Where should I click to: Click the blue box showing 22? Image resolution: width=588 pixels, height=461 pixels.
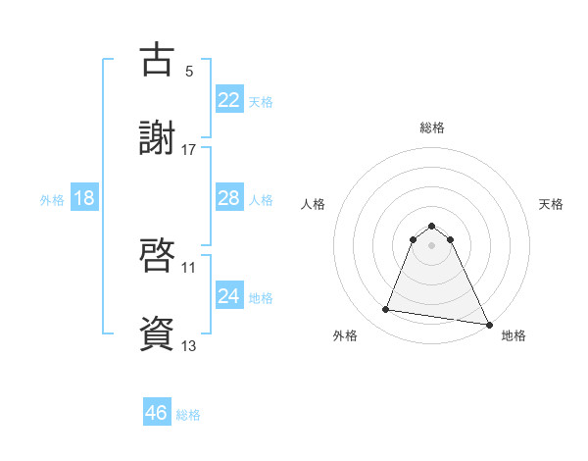click(x=228, y=100)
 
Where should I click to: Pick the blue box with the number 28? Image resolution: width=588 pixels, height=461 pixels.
click(x=228, y=198)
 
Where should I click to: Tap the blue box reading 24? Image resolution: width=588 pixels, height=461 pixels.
click(x=228, y=296)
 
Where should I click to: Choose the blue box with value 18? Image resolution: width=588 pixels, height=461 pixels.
click(x=84, y=198)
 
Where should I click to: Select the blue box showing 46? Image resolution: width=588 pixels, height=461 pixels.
click(x=156, y=413)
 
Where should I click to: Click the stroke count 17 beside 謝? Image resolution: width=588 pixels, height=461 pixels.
click(x=189, y=150)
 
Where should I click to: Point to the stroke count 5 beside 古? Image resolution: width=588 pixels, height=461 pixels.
click(x=189, y=72)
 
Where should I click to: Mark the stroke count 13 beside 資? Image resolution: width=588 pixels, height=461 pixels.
click(x=189, y=344)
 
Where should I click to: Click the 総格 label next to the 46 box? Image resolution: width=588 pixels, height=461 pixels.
click(x=188, y=415)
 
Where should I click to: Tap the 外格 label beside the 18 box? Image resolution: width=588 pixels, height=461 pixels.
click(x=52, y=200)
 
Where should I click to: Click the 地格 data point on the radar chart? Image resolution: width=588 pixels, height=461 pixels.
click(x=489, y=324)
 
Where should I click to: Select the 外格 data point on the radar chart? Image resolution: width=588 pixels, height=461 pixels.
click(x=386, y=310)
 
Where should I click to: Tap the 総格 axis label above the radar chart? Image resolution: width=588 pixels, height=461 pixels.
click(x=431, y=128)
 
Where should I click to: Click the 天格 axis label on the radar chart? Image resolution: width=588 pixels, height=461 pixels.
click(x=551, y=204)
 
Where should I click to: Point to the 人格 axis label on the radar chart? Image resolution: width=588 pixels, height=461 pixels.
click(x=313, y=204)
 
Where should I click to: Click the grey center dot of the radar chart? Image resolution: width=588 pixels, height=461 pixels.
click(x=431, y=245)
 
